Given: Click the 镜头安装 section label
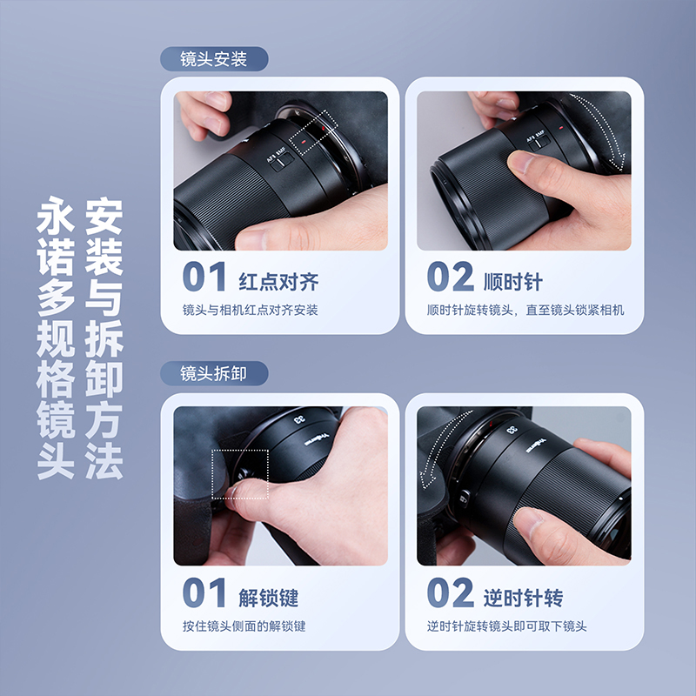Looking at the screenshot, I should (x=214, y=59).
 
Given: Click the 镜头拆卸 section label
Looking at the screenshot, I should (x=214, y=373).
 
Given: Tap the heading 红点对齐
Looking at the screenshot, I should (x=278, y=282).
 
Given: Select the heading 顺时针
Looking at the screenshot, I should (x=513, y=282).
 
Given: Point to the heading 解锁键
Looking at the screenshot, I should (x=269, y=598).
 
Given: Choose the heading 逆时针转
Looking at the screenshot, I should (x=524, y=598).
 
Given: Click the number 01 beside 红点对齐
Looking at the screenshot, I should (x=204, y=278).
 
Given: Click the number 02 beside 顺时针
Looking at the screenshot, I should (x=450, y=278).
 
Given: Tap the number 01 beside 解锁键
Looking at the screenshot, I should (x=204, y=594).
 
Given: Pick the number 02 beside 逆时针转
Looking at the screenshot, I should (x=450, y=594).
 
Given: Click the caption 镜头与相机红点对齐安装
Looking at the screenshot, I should (x=251, y=311).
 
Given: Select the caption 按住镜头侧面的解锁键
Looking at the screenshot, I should (x=244, y=626).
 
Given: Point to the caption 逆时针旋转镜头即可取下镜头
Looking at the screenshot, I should (x=507, y=626).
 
